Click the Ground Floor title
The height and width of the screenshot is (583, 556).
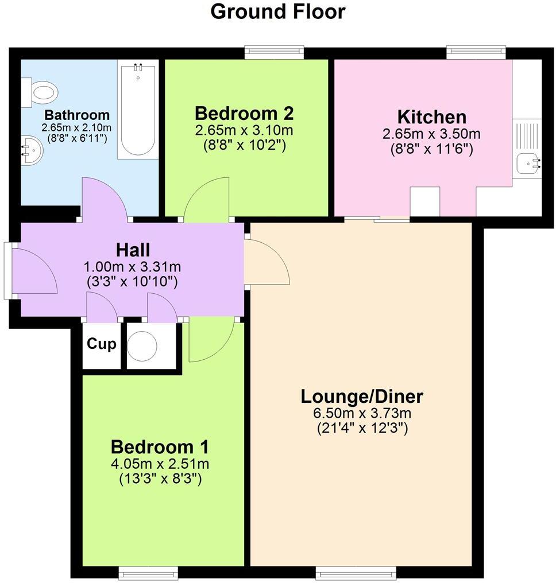point(278,11)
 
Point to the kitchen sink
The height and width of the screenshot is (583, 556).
point(528,163)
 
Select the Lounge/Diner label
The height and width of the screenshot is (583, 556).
point(362,397)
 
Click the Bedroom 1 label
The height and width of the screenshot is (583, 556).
point(160,446)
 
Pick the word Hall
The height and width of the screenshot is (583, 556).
point(133,250)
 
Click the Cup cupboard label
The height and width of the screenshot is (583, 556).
point(102,344)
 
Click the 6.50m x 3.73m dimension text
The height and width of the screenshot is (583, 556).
point(362,413)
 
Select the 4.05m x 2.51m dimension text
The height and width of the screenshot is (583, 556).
point(160,464)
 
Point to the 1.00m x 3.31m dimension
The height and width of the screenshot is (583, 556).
point(133,267)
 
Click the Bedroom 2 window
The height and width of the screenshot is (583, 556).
point(275,53)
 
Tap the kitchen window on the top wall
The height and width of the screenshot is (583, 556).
point(477,53)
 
